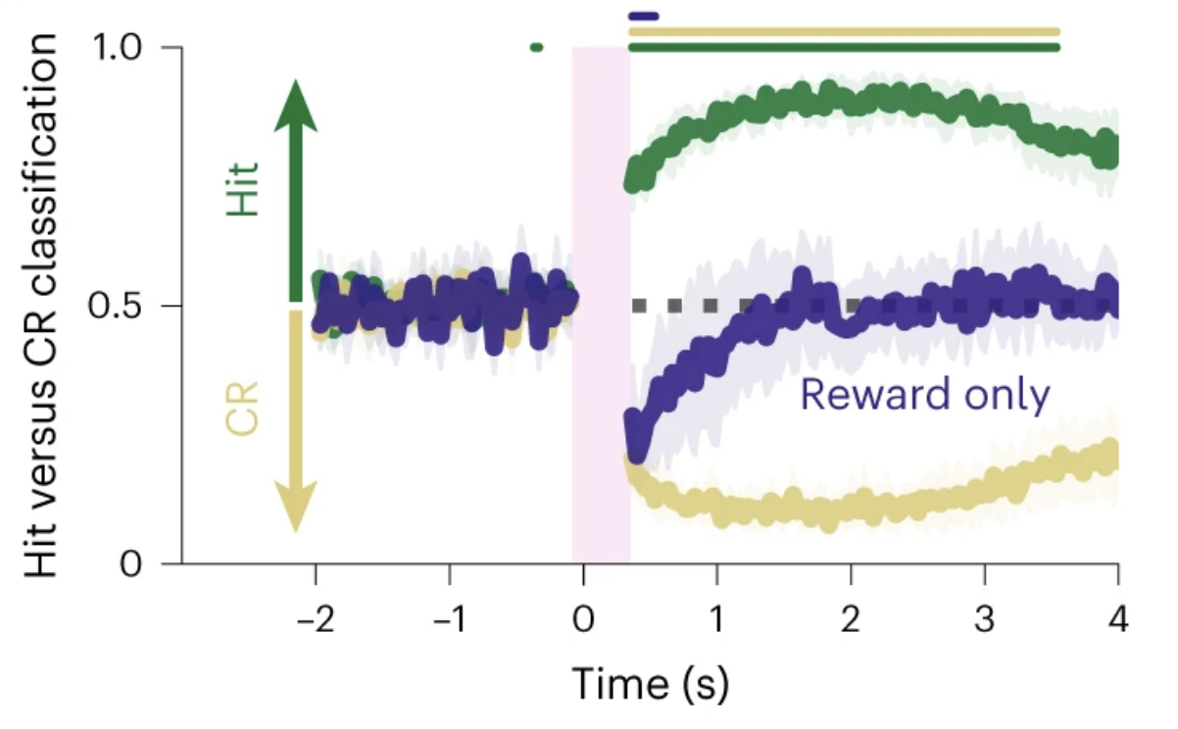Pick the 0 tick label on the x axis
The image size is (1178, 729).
coord(583,622)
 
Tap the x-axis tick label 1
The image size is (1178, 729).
coord(717,622)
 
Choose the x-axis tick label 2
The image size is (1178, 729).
coord(851,622)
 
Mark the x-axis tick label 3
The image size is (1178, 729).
coord(985,622)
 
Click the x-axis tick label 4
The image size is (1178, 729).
coord(1118,622)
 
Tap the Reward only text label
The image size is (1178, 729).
coord(925,395)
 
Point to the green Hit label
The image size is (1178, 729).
coord(243,190)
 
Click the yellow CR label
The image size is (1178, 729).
coord(243,409)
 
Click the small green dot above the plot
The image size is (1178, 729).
coord(535,47)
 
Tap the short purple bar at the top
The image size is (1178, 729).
coord(644,16)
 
